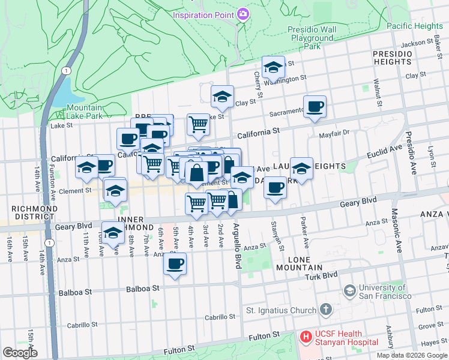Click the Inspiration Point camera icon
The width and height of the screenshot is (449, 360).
[x=243, y=14]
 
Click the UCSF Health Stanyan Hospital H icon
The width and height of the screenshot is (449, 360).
[x=306, y=338]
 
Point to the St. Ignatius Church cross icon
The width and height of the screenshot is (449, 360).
[x=325, y=310]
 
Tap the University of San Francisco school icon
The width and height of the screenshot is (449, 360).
[x=349, y=292]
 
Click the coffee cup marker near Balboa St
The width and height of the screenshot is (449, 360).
[x=175, y=265]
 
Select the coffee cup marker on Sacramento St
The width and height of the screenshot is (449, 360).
[x=315, y=108]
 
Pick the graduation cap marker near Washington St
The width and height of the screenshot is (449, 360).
[x=273, y=68]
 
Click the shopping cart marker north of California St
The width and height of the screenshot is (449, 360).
[x=198, y=125]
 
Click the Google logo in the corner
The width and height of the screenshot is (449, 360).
[x=20, y=353]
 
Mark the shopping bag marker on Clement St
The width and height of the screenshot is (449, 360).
[x=197, y=173]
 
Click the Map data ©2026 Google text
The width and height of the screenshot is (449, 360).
[x=411, y=355]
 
